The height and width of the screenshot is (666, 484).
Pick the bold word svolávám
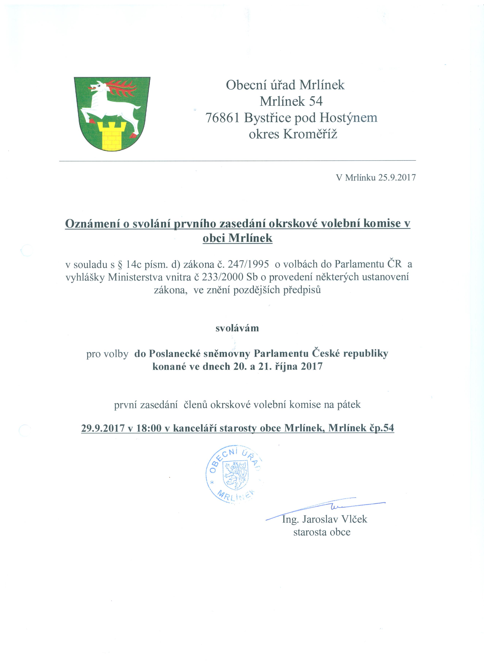pos(237,328)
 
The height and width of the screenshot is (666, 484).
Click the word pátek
pos(349,405)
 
